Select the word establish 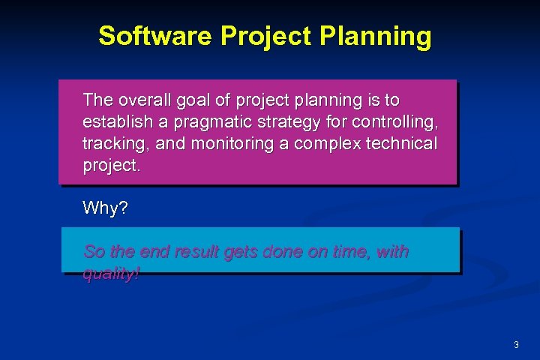tap(115, 121)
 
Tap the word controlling tap(397, 121)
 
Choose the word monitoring tap(228, 143)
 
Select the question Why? tap(105, 208)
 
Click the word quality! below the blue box tap(111, 274)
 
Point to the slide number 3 tap(516, 345)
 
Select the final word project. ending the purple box tap(111, 165)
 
